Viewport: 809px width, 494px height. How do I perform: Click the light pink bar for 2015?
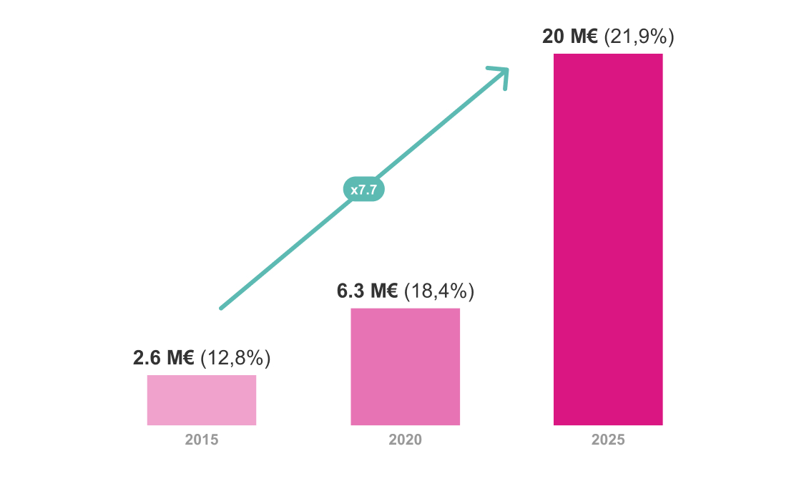[x=202, y=400]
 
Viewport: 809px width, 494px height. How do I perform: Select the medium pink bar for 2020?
[x=405, y=367]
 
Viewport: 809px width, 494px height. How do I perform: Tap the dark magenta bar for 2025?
[x=608, y=240]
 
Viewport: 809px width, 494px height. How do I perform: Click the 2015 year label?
[x=202, y=440]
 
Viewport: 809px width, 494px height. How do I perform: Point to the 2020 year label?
[x=405, y=440]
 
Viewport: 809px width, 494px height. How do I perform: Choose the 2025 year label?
[x=608, y=440]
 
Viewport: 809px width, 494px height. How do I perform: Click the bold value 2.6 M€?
[x=164, y=358]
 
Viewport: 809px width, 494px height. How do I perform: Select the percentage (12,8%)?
[x=235, y=358]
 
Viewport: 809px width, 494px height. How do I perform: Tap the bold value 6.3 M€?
[x=368, y=291]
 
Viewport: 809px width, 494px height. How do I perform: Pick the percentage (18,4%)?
[x=439, y=291]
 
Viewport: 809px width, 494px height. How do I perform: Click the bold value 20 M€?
[x=569, y=37]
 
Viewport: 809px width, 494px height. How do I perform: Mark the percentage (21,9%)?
[x=639, y=37]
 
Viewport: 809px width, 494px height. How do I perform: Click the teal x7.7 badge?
[x=364, y=190]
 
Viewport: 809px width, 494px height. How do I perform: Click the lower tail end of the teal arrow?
[x=221, y=308]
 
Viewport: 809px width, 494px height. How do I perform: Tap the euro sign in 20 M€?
[x=592, y=37]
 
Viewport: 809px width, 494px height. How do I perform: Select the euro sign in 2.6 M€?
[x=188, y=358]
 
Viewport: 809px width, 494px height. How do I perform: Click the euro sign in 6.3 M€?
[x=392, y=291]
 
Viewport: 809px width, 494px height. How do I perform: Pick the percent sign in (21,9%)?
[x=660, y=37]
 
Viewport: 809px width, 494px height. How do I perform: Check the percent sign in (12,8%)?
[x=256, y=358]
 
